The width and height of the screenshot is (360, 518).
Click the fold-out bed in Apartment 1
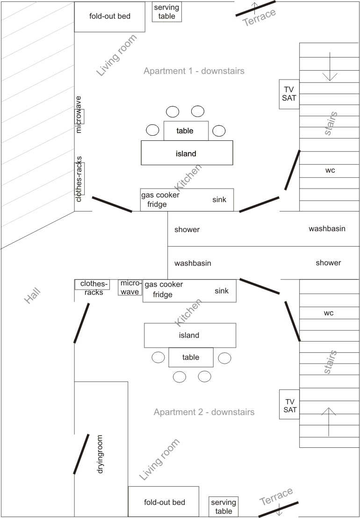click(109, 16)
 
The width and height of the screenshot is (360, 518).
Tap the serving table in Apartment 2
click(223, 507)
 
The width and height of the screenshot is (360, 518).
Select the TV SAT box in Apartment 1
click(289, 94)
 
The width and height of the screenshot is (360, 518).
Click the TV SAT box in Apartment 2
click(289, 404)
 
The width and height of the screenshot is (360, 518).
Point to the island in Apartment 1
click(187, 153)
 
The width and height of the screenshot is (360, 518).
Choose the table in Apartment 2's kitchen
click(191, 357)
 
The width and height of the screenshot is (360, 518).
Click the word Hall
click(33, 296)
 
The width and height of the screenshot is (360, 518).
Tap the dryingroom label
click(100, 454)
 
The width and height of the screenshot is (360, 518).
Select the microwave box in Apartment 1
click(79, 115)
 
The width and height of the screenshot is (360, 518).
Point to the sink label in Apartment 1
click(219, 200)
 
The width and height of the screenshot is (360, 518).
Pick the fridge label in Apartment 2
click(163, 295)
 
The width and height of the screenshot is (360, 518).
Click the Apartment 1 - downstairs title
click(194, 71)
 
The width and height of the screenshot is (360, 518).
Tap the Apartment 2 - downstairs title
click(204, 412)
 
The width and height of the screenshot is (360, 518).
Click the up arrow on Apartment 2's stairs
click(329, 422)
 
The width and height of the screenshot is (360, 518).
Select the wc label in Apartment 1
click(330, 170)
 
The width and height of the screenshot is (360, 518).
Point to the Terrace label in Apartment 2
click(276, 496)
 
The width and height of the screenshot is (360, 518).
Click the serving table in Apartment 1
click(167, 12)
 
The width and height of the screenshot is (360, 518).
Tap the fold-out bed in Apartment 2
click(164, 502)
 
